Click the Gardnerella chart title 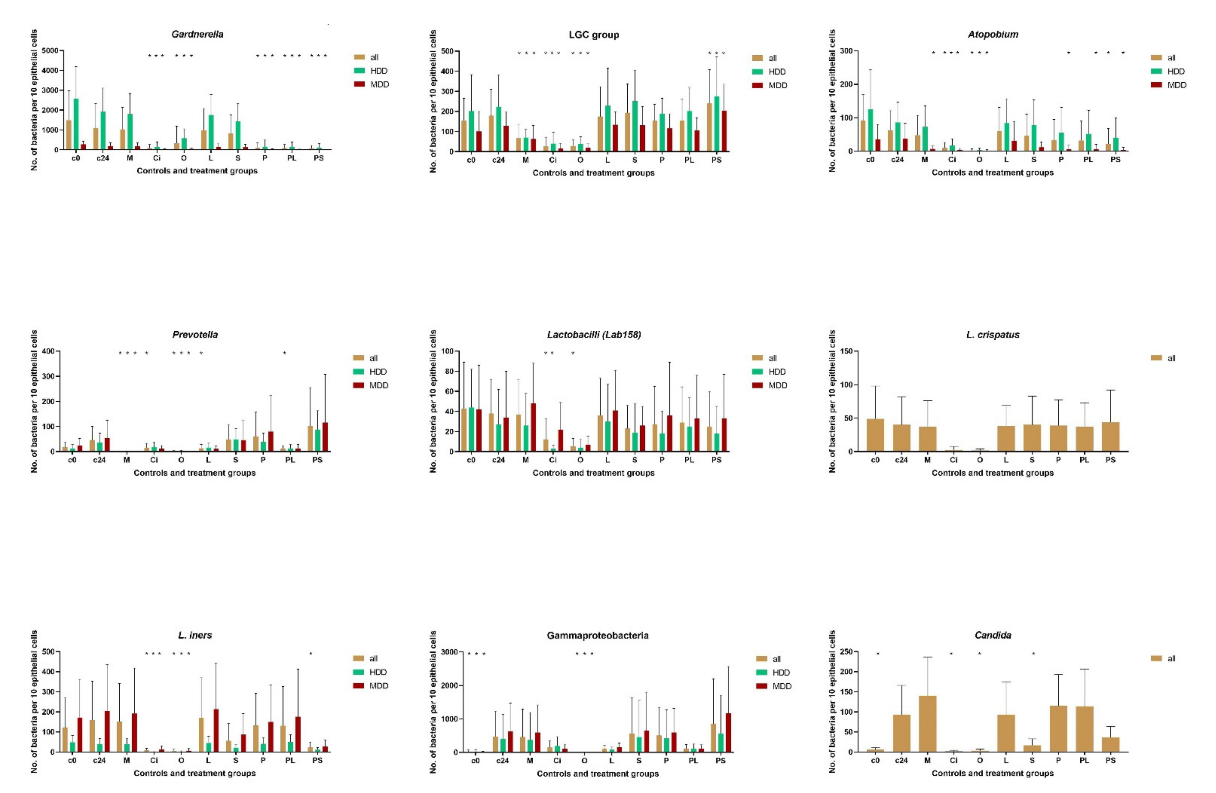coord(197,34)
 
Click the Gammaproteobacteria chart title coord(597,635)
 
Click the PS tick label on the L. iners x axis coord(317,760)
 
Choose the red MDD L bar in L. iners coord(216,730)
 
